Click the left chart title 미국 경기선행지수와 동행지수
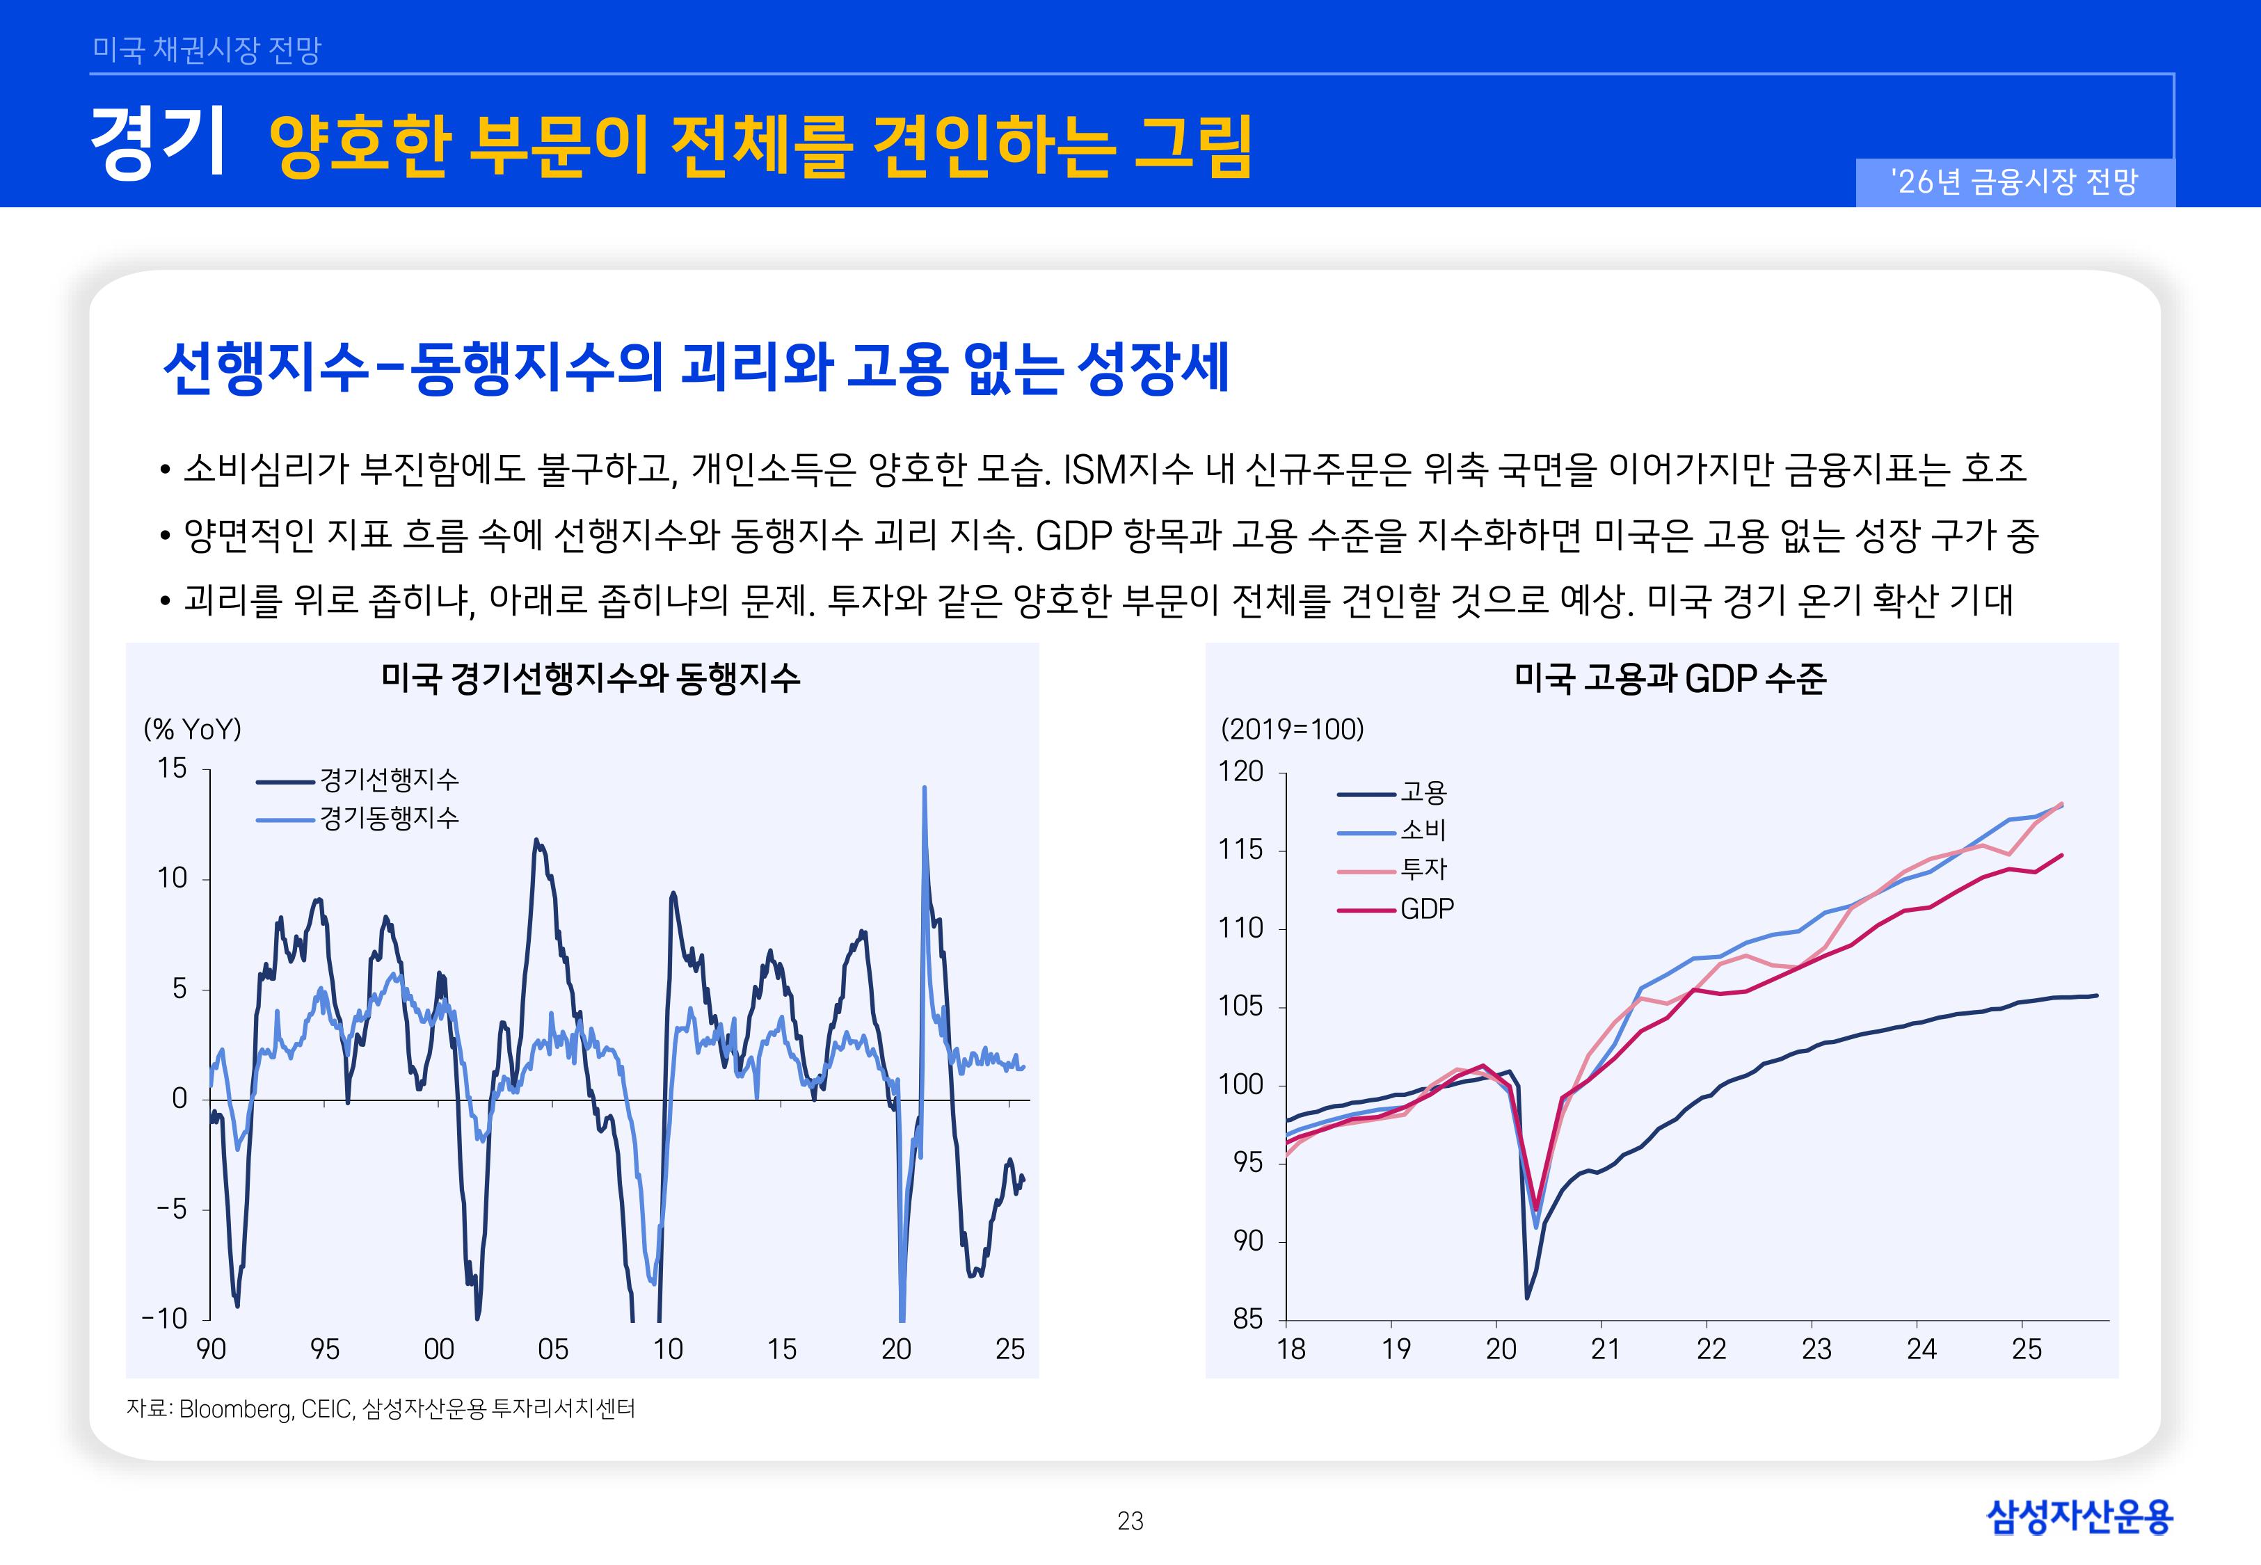click(590, 677)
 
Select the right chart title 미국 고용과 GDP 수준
click(1669, 677)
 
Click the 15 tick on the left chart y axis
click(172, 768)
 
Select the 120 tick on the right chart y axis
click(1240, 771)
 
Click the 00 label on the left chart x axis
click(438, 1349)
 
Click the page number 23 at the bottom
click(1130, 1521)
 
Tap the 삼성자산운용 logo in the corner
click(2079, 1517)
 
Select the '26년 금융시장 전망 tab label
click(2014, 182)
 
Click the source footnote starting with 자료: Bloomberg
click(381, 1409)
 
